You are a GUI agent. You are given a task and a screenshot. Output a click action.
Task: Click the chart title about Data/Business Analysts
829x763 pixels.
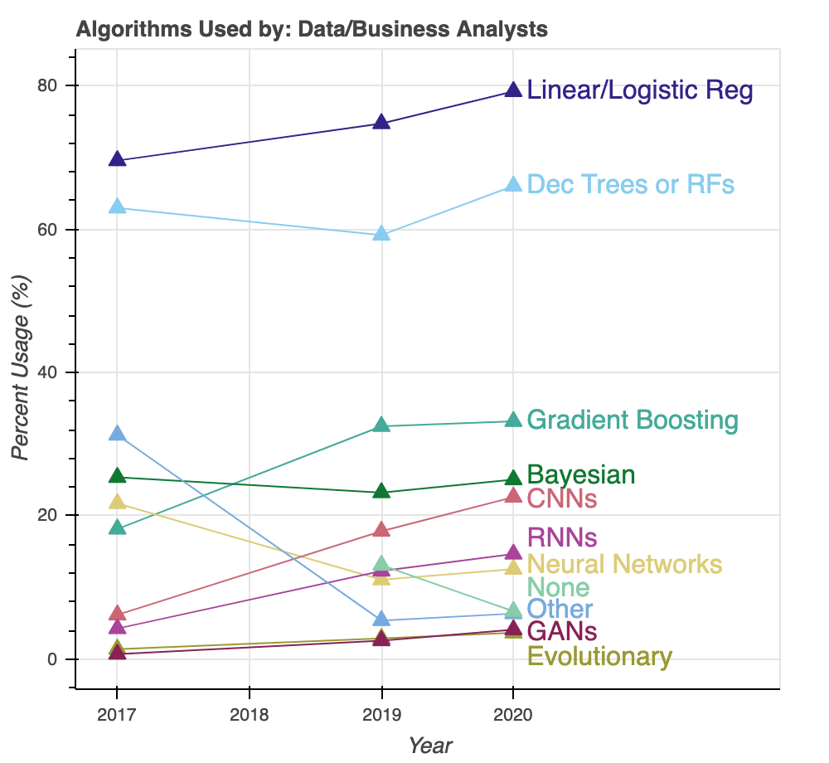[312, 30]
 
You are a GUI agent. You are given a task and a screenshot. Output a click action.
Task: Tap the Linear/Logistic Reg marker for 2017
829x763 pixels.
[117, 159]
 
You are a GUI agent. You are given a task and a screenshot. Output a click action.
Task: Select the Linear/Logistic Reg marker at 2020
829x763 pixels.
[513, 90]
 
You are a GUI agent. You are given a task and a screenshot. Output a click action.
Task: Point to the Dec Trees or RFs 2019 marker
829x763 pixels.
[381, 233]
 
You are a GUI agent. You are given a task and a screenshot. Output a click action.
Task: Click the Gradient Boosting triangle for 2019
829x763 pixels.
[381, 425]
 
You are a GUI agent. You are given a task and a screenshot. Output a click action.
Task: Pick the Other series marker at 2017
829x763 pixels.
[117, 434]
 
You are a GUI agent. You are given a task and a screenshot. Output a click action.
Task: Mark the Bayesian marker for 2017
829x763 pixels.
[117, 476]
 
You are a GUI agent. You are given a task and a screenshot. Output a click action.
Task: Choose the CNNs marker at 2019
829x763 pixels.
[381, 529]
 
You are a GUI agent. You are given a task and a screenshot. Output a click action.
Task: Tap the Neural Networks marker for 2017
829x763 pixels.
[117, 502]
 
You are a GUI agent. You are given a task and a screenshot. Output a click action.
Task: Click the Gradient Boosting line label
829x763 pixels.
[632, 420]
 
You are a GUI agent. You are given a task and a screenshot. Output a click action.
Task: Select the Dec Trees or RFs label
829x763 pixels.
[630, 184]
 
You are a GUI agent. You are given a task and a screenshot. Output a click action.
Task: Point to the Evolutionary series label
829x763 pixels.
[599, 657]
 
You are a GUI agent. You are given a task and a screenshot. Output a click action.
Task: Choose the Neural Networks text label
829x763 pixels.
[624, 565]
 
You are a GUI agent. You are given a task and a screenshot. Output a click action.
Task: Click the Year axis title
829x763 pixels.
[430, 745]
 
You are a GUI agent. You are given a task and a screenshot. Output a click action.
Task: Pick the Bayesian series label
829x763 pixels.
[581, 475]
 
